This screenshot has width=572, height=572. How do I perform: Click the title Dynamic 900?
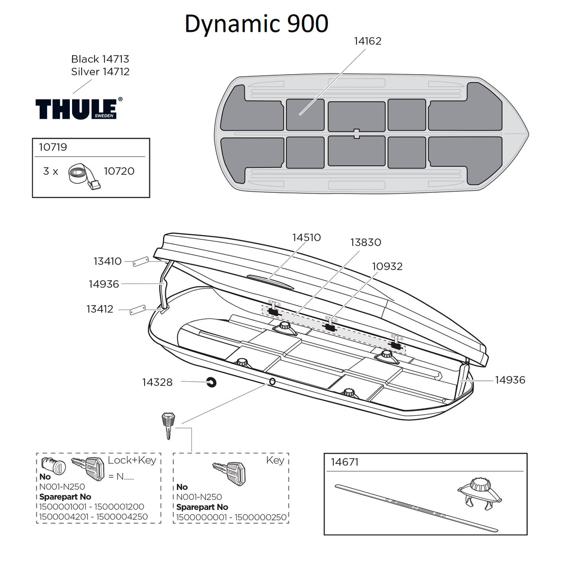click(256, 24)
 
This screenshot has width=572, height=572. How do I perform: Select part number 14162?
click(368, 41)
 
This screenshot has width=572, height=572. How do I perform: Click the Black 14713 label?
click(100, 59)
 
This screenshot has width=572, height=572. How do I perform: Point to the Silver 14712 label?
click(100, 71)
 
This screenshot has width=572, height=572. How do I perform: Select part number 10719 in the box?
click(53, 147)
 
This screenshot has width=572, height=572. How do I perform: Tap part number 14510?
click(307, 238)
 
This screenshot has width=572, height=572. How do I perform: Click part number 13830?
click(365, 243)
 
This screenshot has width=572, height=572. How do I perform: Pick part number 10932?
click(387, 266)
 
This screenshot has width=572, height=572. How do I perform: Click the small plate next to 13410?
click(141, 262)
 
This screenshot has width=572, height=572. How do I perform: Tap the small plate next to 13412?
click(138, 309)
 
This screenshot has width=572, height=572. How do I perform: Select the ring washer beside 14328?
click(211, 382)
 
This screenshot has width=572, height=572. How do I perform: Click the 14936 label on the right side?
click(510, 380)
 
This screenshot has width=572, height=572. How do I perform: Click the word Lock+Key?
click(132, 460)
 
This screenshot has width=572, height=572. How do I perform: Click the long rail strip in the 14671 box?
click(416, 507)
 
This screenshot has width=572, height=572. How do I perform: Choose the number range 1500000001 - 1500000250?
click(231, 517)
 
